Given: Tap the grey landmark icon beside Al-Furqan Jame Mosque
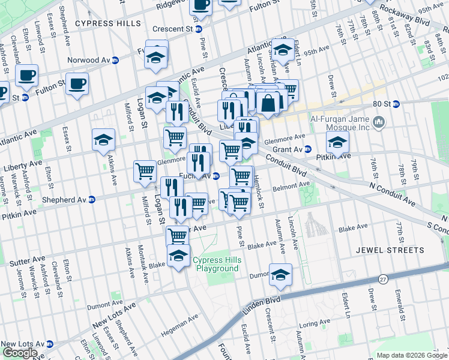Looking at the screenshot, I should tap(379, 124).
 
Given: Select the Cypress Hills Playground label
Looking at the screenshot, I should tap(215, 264).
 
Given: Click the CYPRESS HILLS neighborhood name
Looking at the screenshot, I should tap(108, 23).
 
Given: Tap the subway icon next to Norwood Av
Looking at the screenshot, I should tap(115, 60).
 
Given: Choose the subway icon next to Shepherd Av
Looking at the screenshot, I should tap(92, 200).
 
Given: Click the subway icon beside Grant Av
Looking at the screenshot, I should tap(307, 149).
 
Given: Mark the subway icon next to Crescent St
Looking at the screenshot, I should tap(199, 28).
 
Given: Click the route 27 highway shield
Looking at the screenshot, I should tap(383, 279).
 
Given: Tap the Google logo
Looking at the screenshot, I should tap(20, 353).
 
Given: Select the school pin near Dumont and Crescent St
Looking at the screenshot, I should tap(280, 274).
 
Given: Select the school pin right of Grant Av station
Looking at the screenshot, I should tap(338, 143).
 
